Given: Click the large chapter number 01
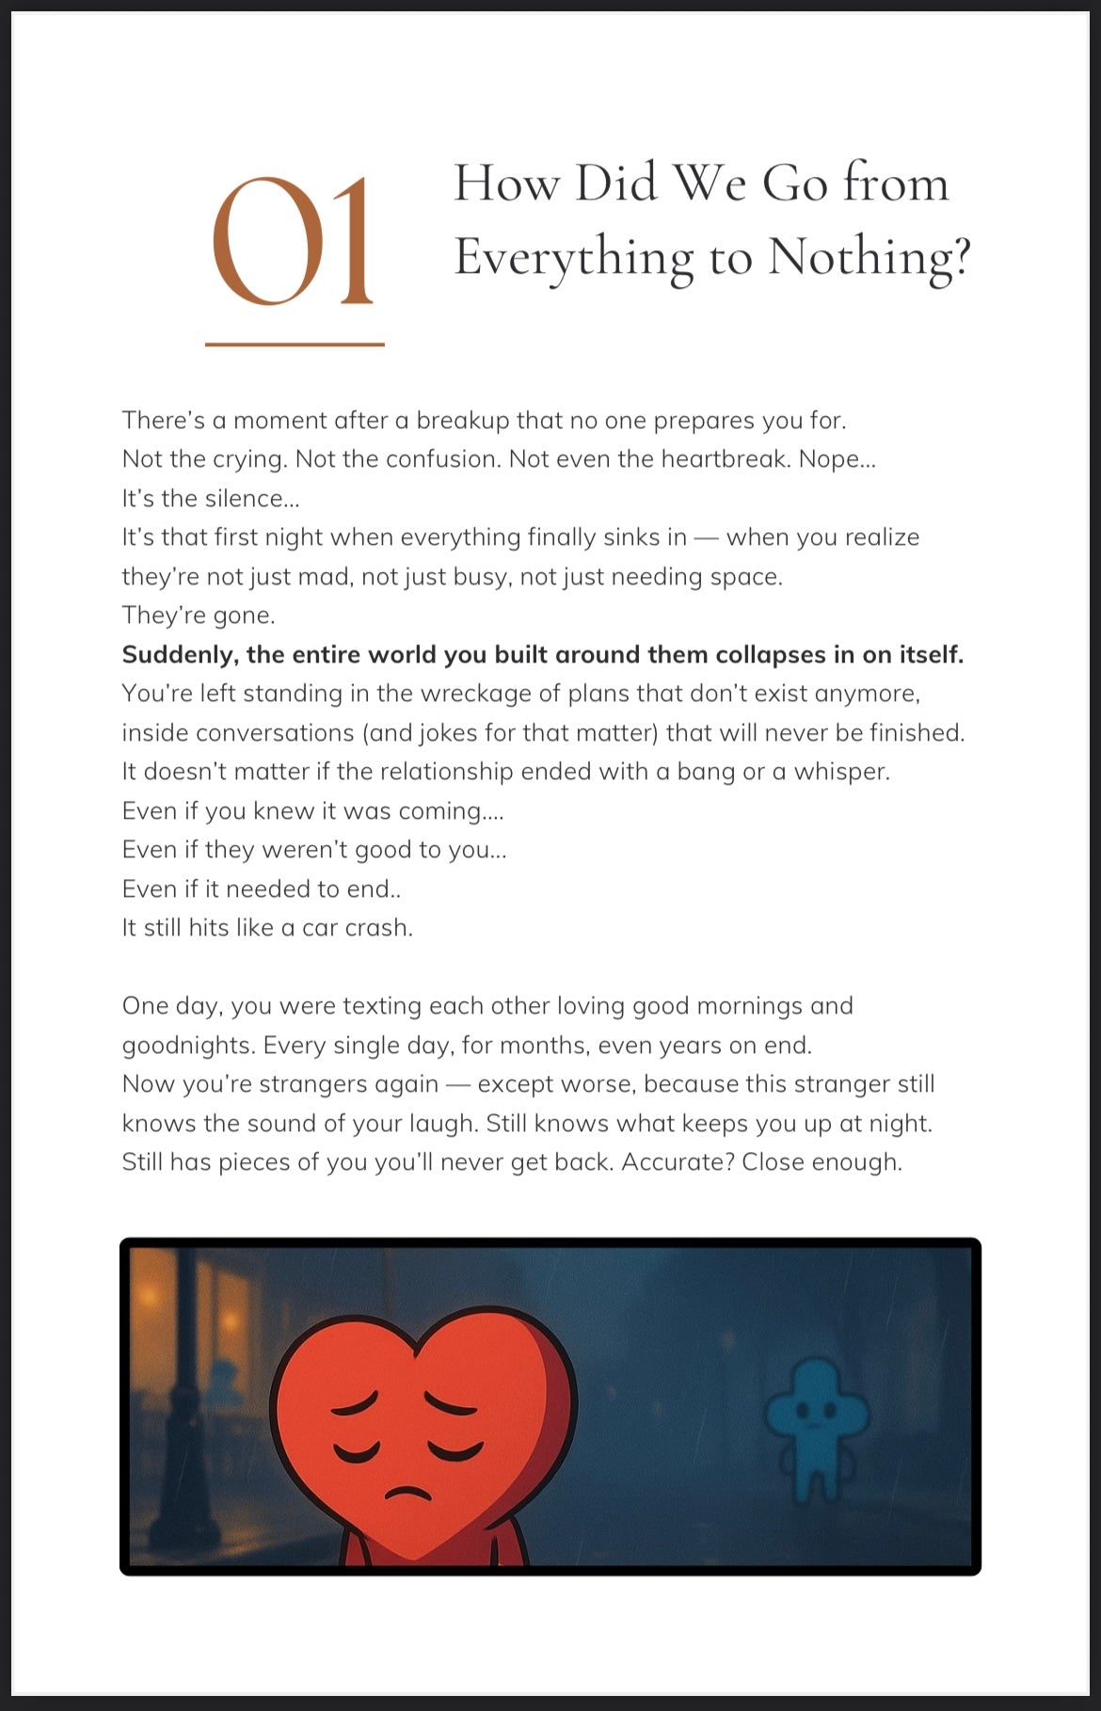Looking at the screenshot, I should pyautogui.click(x=293, y=242).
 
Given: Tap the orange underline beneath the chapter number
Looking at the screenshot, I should pyautogui.click(x=295, y=344).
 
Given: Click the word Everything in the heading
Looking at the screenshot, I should pyautogui.click(x=573, y=257).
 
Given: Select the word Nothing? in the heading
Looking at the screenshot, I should pyautogui.click(x=869, y=257).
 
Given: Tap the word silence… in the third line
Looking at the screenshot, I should pyautogui.click(x=252, y=498).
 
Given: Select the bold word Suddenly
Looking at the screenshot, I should pyautogui.click(x=178, y=655).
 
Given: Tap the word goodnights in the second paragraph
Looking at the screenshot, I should pyautogui.click(x=187, y=1046).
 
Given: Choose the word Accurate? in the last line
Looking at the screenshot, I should pyautogui.click(x=678, y=1162).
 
